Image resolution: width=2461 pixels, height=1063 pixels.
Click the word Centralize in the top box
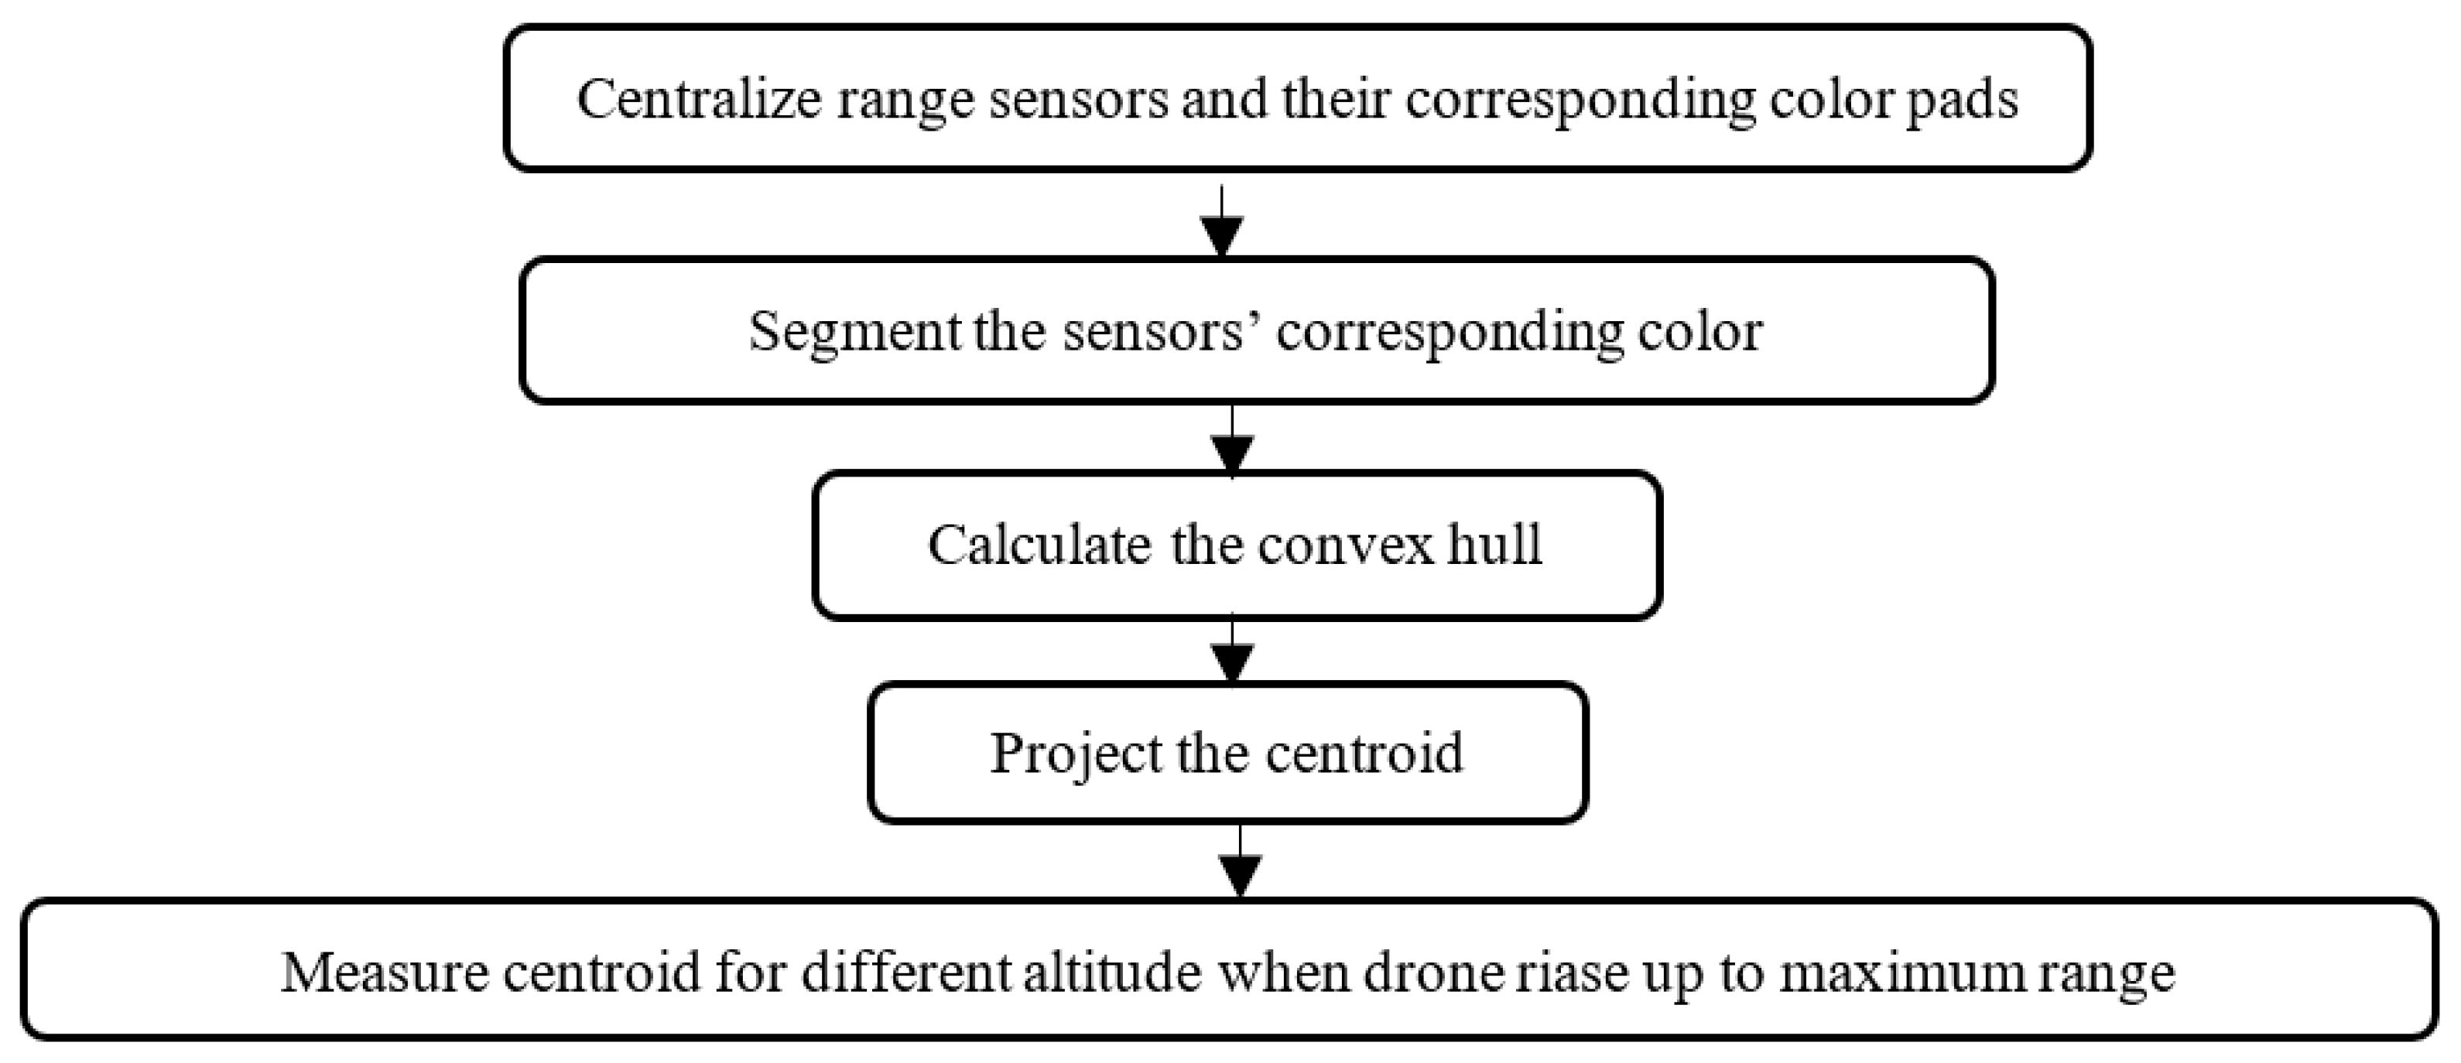700,98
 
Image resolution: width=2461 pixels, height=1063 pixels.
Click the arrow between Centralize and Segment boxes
1222,224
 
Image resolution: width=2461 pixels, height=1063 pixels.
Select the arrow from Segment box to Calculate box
1231,444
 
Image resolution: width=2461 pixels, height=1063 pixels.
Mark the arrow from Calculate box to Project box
1231,655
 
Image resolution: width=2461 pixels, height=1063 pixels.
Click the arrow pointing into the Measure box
1239,864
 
